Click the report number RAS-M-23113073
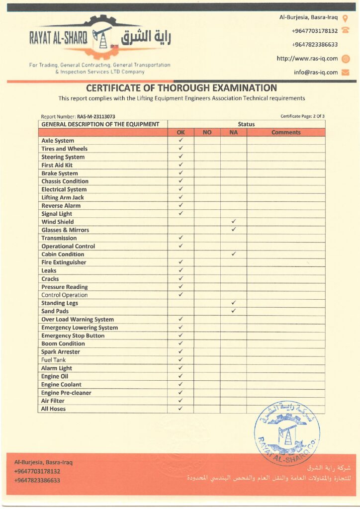96,116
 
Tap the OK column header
180,132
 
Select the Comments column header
286,132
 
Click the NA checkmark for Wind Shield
233,221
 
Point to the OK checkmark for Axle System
180,140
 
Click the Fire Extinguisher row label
64,262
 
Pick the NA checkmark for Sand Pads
233,311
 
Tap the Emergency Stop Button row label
73,336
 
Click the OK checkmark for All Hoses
180,408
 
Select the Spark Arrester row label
61,352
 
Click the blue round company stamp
287,433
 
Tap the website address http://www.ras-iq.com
307,59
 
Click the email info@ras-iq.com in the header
316,72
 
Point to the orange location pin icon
346,18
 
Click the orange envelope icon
346,72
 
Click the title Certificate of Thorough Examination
181,88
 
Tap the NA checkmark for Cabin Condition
233,254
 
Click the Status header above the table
246,124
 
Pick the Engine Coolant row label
61,384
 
